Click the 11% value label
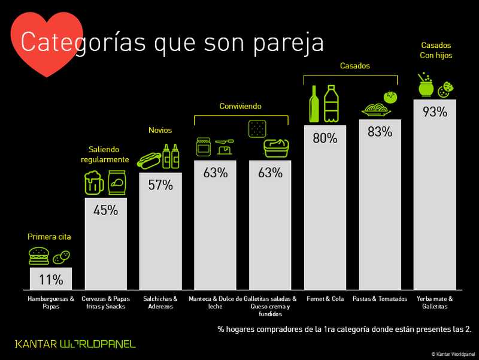point(51,279)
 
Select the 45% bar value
point(105,210)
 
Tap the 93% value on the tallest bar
point(435,111)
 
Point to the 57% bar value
point(160,185)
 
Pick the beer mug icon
point(94,183)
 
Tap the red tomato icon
point(392,96)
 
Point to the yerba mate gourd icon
point(426,87)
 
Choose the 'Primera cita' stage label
point(49,237)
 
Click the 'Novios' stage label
point(160,130)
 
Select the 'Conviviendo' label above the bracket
point(240,107)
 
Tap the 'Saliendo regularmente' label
point(105,155)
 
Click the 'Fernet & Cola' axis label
point(325,298)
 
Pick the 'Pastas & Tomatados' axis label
point(380,298)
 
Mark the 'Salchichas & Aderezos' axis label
point(160,302)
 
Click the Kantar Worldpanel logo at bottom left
point(75,344)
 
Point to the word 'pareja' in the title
point(282,43)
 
